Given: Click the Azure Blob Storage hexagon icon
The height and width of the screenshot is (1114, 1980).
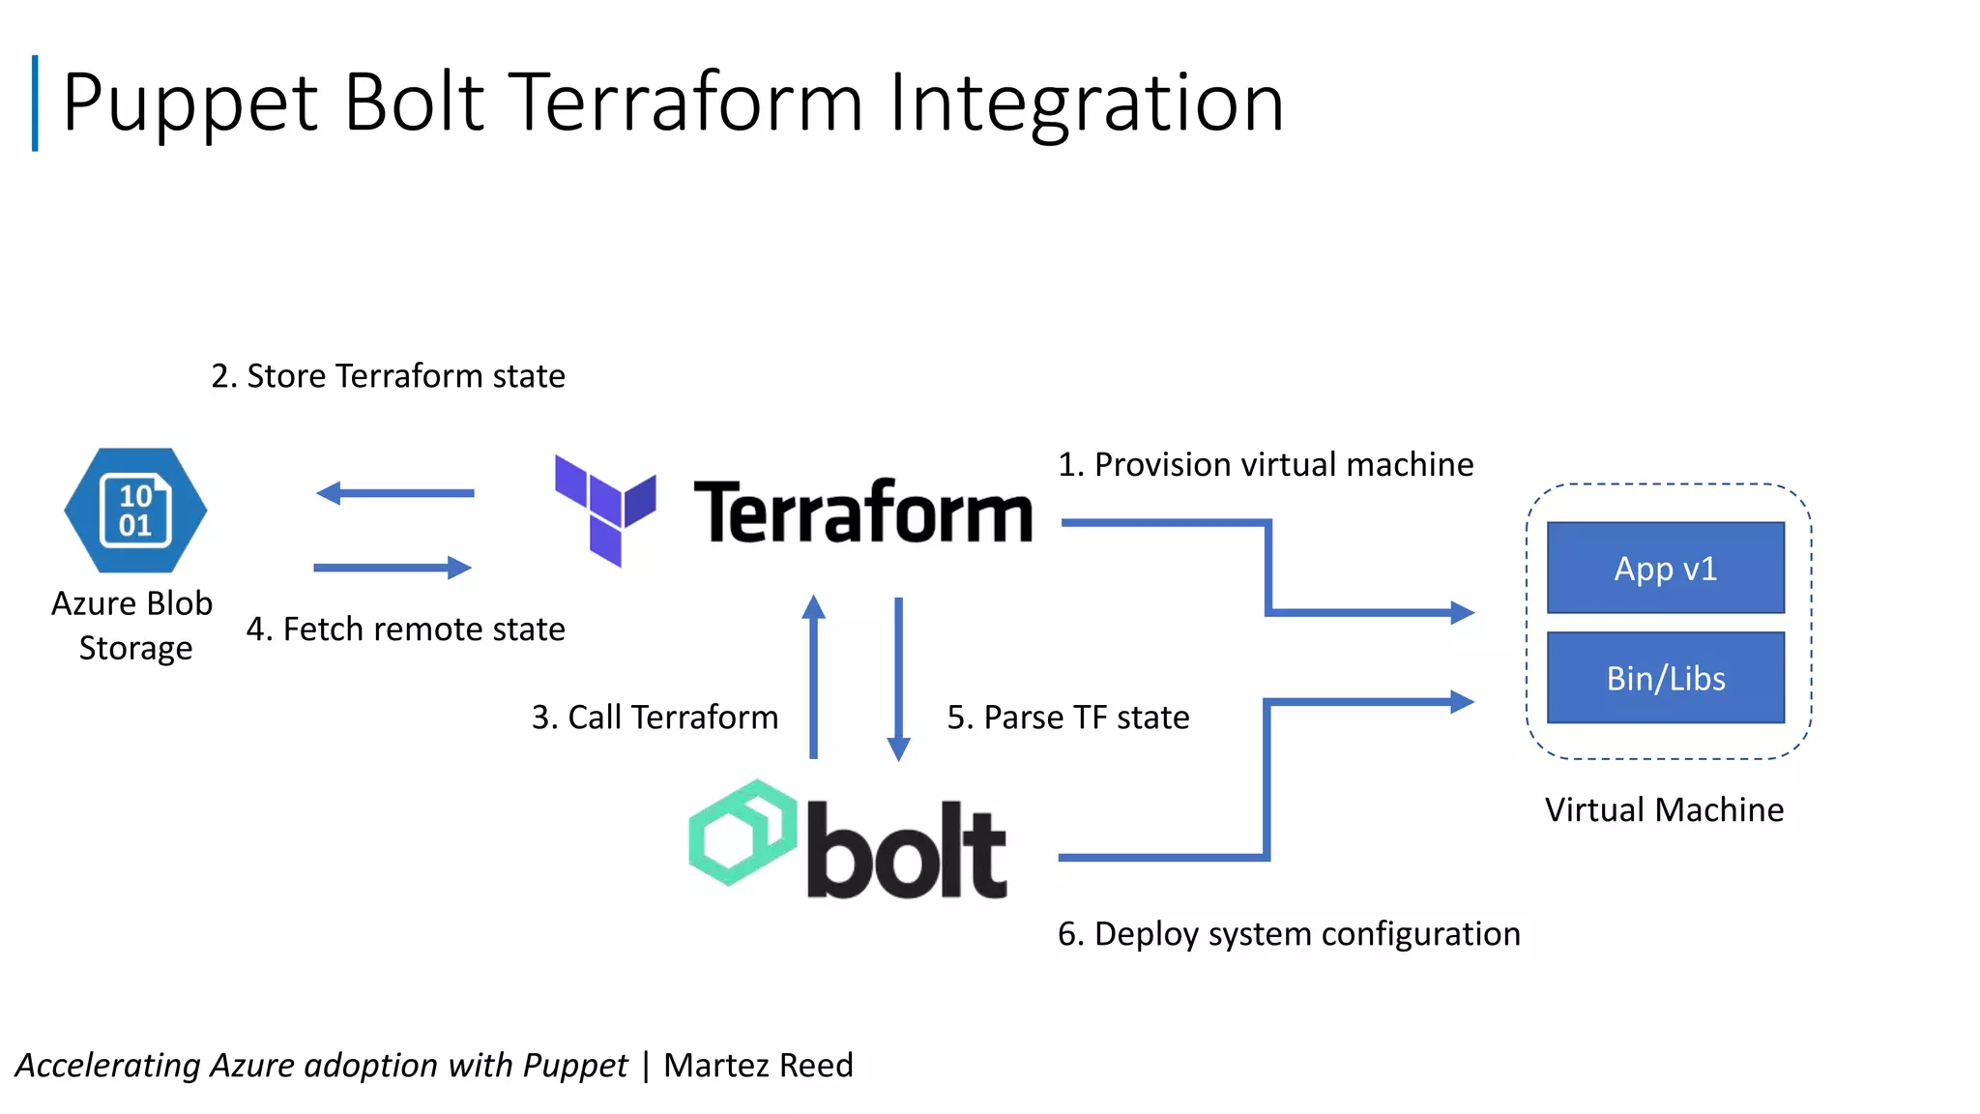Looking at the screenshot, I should (135, 510).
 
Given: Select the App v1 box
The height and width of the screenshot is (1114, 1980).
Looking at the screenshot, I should (1665, 568).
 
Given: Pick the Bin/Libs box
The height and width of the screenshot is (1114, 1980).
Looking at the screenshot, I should (1665, 678).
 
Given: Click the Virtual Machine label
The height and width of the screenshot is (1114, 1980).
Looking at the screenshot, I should (1663, 809).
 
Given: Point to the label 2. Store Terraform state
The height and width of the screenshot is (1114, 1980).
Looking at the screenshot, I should (388, 375).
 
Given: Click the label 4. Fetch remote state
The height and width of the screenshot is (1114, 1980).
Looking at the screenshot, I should (405, 629).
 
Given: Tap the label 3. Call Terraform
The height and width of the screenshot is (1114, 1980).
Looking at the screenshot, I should (655, 717).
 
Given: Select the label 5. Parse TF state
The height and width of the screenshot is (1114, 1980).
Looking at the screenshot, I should (1067, 717).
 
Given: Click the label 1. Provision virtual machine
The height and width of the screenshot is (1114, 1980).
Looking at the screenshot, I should (1265, 464).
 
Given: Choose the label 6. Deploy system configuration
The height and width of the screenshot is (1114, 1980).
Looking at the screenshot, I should (1288, 933).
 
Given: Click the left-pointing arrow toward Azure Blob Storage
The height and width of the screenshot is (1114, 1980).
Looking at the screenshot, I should (394, 493).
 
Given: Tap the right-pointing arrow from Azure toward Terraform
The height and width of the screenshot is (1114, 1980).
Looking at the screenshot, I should (393, 568).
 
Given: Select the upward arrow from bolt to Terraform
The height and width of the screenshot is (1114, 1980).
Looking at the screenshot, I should (814, 677).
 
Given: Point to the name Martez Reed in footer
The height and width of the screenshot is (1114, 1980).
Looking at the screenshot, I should (758, 1065).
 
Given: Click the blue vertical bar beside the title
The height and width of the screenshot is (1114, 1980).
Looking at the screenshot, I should (36, 103).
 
